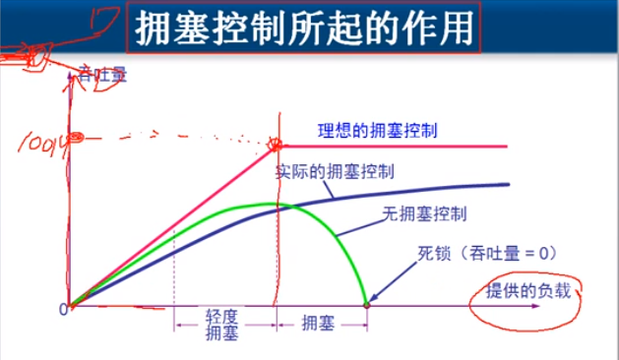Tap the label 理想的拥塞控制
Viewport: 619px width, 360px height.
(378, 130)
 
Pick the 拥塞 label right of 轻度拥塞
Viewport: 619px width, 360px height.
(320, 322)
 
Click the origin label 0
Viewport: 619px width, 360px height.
(62, 308)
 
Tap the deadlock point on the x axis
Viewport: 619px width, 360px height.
(367, 305)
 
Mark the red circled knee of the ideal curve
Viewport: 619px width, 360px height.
(279, 146)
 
